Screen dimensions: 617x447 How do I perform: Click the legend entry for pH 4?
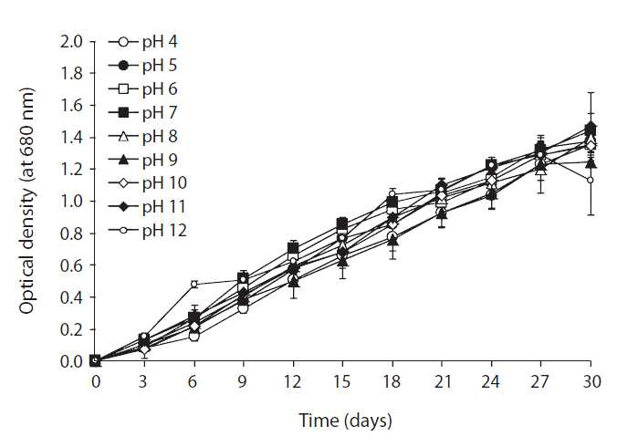click(142, 42)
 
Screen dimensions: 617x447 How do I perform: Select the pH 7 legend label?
click(160, 113)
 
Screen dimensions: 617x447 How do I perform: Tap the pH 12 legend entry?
click(148, 231)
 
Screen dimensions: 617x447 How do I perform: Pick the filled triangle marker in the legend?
click(123, 160)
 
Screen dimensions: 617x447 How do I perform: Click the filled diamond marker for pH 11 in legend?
click(123, 207)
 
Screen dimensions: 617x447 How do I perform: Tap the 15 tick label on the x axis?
click(342, 381)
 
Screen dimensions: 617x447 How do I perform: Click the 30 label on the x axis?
click(591, 381)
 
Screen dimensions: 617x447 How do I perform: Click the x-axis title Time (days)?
click(346, 421)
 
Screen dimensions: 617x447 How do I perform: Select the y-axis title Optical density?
click(26, 202)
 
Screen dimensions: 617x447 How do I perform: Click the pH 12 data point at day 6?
click(193, 284)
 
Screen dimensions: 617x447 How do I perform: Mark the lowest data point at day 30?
click(591, 180)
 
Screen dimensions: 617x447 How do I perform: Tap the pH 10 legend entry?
click(148, 183)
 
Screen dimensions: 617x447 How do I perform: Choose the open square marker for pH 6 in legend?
click(123, 89)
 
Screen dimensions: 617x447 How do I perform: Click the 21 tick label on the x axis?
click(442, 381)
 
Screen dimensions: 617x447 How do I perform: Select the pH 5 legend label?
click(160, 66)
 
